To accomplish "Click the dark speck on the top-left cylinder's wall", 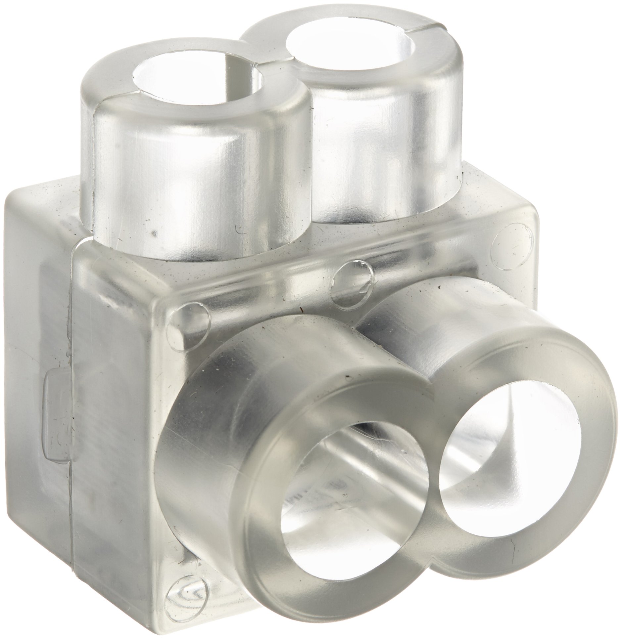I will coord(153,233).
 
